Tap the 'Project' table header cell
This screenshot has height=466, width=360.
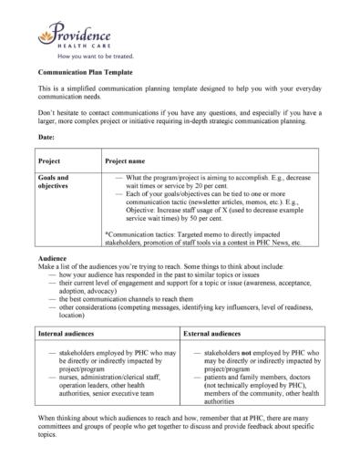click(x=51, y=160)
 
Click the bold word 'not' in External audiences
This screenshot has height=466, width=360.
click(x=248, y=350)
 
